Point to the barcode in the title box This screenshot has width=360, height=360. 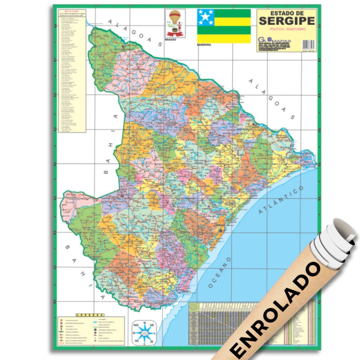pos(308,44)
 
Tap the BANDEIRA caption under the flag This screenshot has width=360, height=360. pos(204,45)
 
